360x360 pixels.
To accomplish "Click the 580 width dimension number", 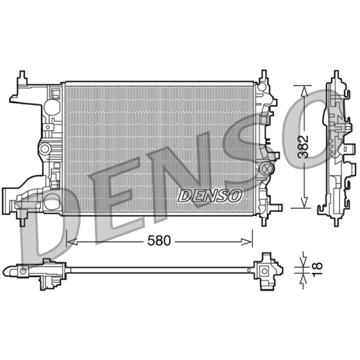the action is [159, 241].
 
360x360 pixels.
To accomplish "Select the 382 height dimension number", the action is [302, 147].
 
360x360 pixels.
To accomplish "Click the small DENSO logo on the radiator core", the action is [210, 196].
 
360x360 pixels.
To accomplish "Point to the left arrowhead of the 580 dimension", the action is [72, 241].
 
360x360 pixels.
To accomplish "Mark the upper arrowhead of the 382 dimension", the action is [305, 91].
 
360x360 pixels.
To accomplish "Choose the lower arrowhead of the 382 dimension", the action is [305, 202].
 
